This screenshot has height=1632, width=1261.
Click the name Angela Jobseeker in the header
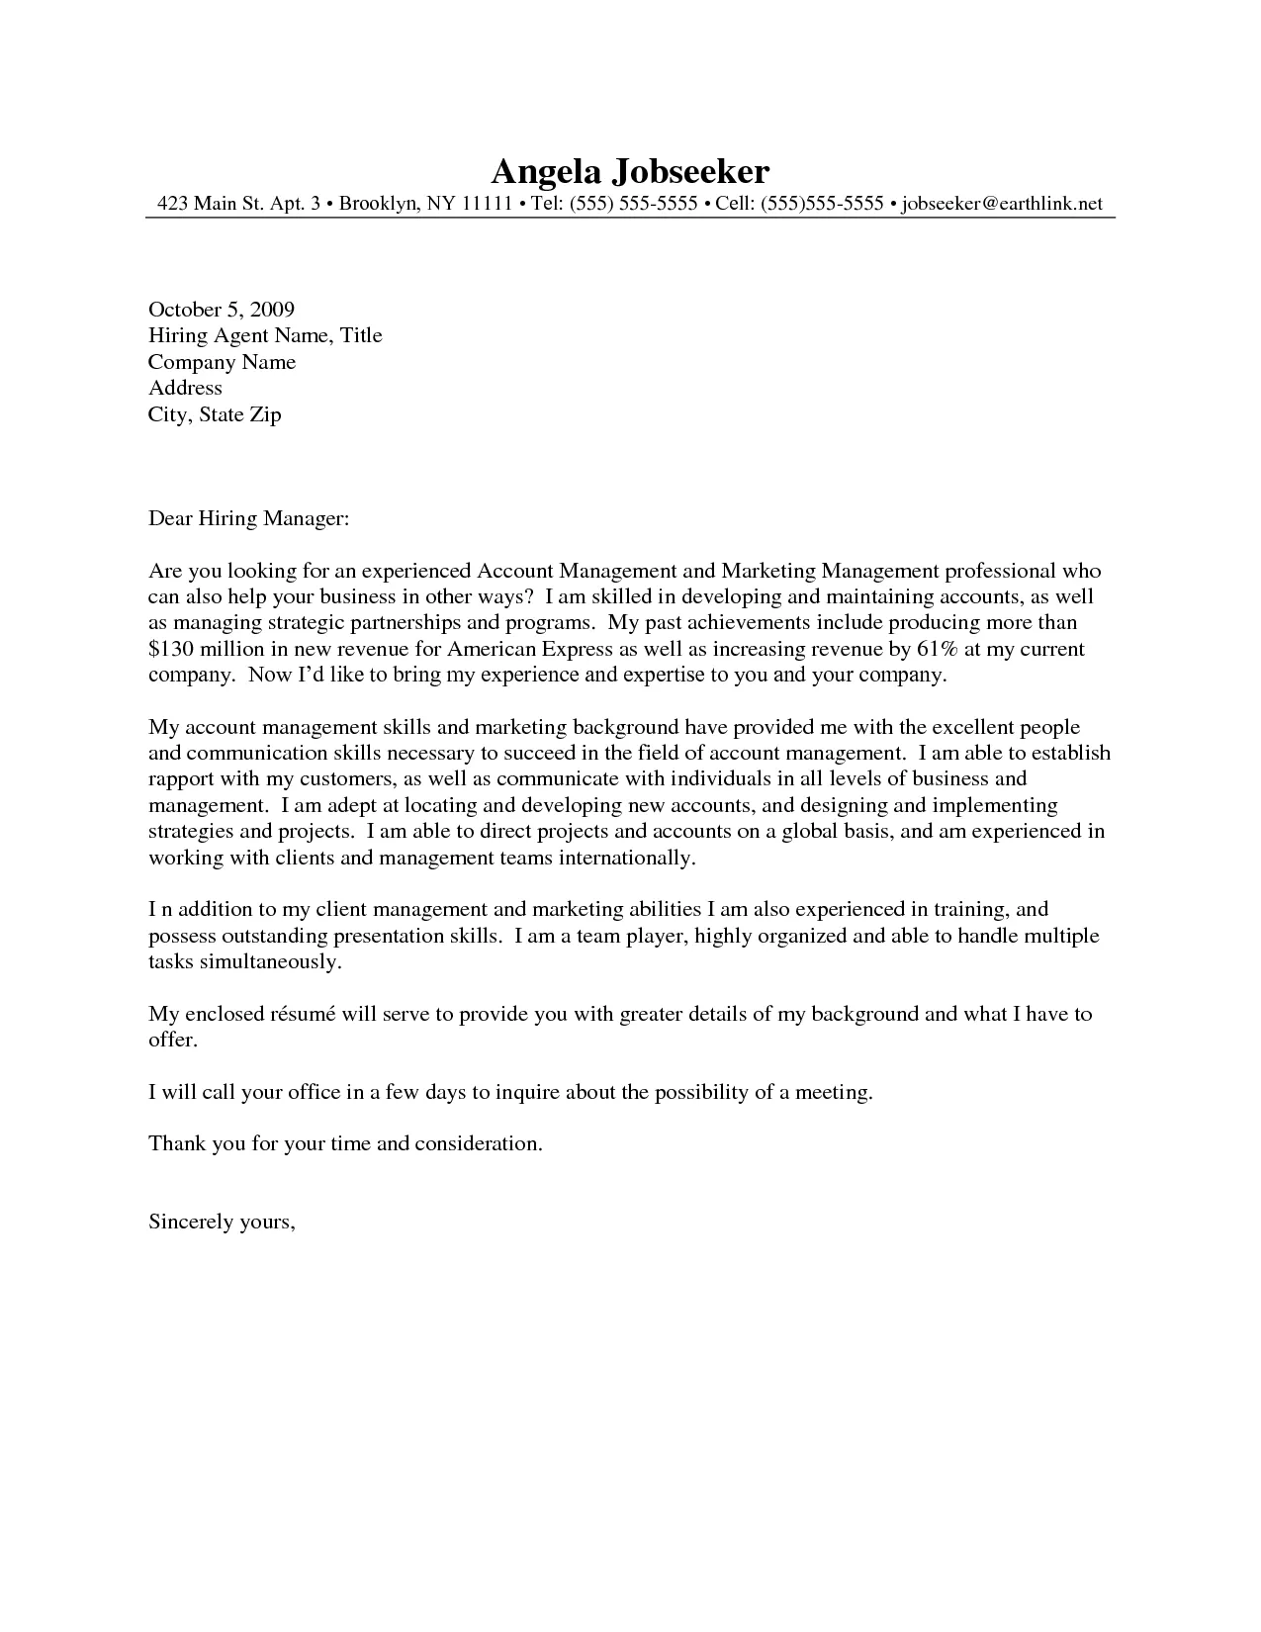click(x=629, y=172)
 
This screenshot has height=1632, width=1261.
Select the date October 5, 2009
click(x=222, y=310)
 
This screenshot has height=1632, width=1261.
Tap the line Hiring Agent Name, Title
click(x=265, y=335)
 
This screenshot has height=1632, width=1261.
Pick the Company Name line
click(x=222, y=362)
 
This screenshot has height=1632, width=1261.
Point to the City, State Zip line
click(x=215, y=414)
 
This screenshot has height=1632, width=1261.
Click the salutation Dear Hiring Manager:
click(x=249, y=518)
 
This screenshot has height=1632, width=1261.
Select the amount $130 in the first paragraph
click(x=171, y=650)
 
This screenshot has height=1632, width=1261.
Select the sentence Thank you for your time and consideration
click(x=345, y=1144)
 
